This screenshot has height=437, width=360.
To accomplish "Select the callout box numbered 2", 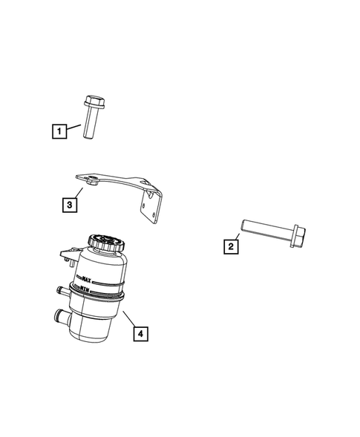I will coord(232,246).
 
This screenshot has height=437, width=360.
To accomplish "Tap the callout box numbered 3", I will coord(68,204).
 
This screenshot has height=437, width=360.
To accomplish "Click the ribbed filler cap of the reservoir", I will coord(108,243).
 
